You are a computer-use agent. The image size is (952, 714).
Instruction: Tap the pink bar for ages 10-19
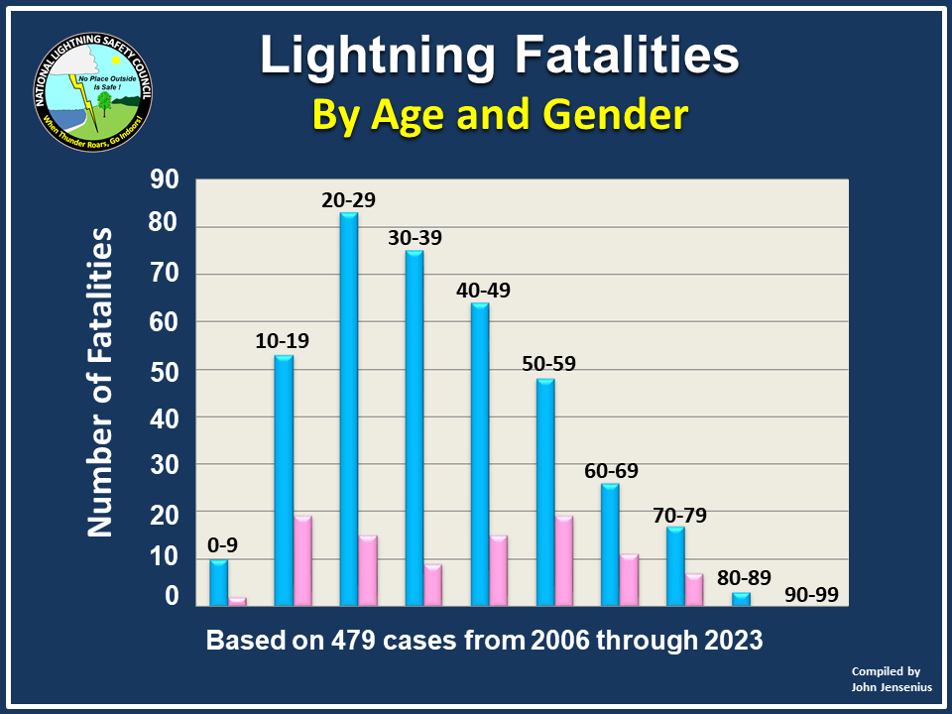[302, 560]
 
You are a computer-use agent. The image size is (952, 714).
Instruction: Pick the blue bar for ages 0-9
[218, 582]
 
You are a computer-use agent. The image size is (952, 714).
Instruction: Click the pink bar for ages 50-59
[564, 560]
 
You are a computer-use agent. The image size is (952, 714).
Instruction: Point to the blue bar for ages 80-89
[741, 599]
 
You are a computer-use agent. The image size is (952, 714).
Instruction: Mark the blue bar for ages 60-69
[610, 543]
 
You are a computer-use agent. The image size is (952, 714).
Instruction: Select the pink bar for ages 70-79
[694, 589]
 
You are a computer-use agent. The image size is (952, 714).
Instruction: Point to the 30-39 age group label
[415, 238]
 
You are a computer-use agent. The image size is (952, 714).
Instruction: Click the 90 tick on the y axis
[164, 179]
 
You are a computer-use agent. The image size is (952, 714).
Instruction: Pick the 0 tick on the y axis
[172, 596]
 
